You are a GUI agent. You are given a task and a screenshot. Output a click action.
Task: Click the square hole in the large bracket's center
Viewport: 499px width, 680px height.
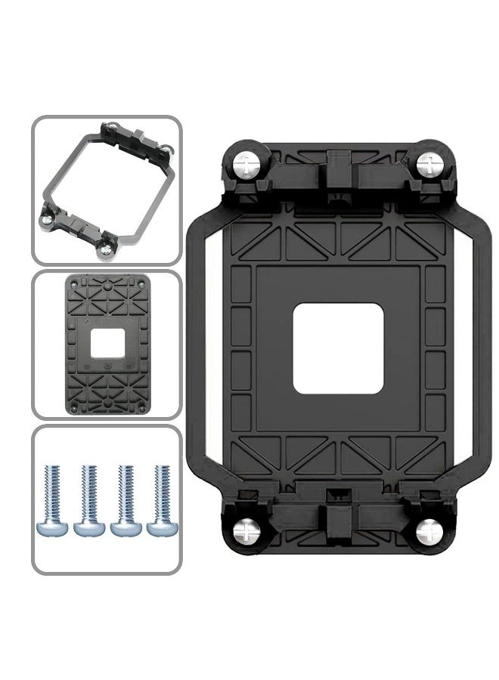339,348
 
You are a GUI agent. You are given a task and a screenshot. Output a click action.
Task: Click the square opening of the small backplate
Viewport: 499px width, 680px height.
106,345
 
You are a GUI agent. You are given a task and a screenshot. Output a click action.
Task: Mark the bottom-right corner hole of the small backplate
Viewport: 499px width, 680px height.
139,409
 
